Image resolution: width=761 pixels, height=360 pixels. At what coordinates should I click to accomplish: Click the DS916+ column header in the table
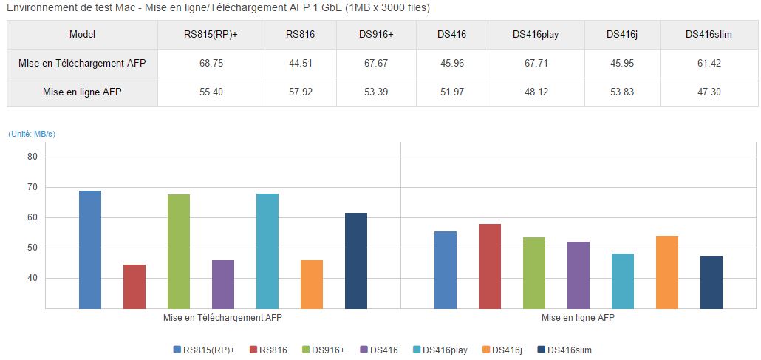click(376, 35)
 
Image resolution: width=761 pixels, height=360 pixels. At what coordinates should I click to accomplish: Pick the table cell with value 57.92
click(301, 92)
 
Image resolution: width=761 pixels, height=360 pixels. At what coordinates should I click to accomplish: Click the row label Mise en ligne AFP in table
click(82, 92)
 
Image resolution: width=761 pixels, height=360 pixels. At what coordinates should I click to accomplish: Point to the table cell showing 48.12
click(545, 92)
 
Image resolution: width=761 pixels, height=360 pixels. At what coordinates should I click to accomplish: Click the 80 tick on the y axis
click(32, 157)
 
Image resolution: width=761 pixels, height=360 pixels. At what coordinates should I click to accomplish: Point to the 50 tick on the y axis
click(32, 248)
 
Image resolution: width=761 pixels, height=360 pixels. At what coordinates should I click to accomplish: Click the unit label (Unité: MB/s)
click(32, 134)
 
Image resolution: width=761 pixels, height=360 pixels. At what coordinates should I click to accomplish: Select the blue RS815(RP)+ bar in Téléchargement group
click(90, 250)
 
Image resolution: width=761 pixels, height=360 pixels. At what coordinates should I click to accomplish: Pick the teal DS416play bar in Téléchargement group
click(267, 251)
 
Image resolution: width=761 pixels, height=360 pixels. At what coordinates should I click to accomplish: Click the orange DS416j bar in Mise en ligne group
click(667, 272)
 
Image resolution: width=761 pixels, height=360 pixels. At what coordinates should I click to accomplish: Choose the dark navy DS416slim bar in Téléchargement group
click(356, 261)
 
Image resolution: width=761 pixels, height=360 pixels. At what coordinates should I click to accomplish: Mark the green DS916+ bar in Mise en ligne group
click(534, 273)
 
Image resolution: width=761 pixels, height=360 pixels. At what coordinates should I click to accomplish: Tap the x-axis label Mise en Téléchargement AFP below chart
click(222, 318)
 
